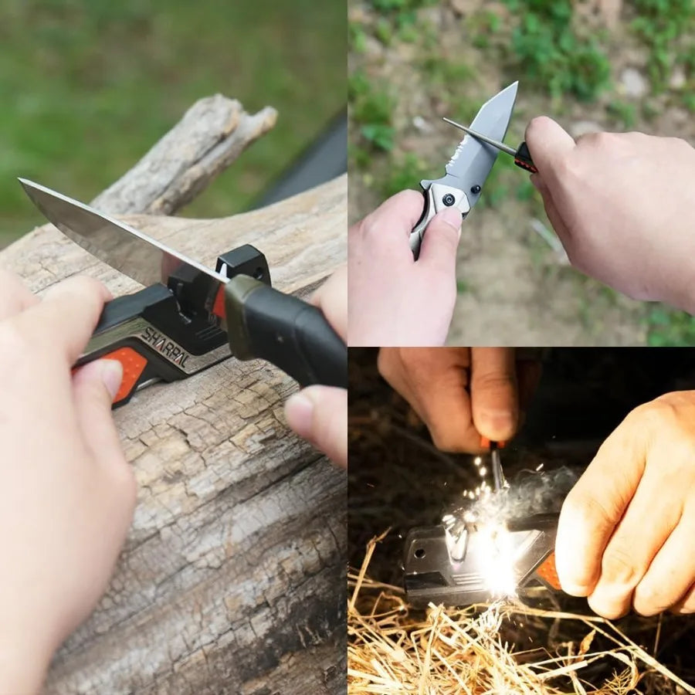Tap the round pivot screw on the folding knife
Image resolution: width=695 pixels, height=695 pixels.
pyautogui.click(x=449, y=200)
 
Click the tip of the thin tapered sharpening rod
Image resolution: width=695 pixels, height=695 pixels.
pyautogui.click(x=446, y=120)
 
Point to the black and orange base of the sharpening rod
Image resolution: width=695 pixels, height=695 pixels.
pyautogui.click(x=524, y=157)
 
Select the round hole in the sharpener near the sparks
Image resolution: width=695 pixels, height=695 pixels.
pyautogui.click(x=422, y=554)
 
